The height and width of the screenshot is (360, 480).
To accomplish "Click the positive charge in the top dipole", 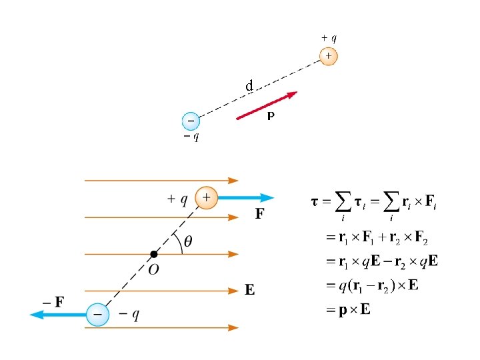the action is [x=328, y=56].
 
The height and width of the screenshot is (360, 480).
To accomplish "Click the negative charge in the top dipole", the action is [x=191, y=121].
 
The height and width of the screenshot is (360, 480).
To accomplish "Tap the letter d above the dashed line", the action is [x=249, y=86].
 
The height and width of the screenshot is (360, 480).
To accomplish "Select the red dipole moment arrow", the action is [x=267, y=105].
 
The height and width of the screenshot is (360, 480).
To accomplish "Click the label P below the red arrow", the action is [x=271, y=117].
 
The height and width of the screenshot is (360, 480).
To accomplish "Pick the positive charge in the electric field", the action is [x=206, y=197].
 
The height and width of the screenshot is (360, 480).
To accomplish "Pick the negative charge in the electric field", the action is [x=98, y=314].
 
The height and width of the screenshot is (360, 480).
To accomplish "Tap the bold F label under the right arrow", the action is [x=260, y=215].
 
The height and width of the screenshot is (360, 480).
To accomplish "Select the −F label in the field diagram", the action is [x=53, y=301].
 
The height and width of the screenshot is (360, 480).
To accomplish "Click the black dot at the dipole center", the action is [x=154, y=254].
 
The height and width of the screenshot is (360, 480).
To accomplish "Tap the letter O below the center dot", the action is [x=153, y=269].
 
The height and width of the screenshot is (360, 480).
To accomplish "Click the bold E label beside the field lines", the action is [x=249, y=290].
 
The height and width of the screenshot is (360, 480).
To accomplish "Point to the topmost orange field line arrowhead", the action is [x=233, y=180].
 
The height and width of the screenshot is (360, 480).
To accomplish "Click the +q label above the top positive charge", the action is [x=329, y=39].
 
